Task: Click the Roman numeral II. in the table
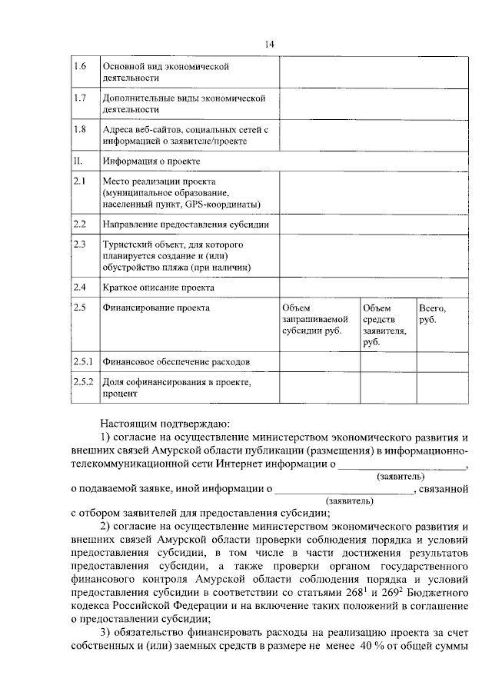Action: click(77, 161)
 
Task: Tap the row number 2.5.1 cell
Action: click(82, 361)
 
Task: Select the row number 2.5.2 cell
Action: click(82, 381)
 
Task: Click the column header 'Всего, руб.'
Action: click(432, 314)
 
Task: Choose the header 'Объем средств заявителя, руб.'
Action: click(385, 325)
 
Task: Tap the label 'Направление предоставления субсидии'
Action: click(191, 224)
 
